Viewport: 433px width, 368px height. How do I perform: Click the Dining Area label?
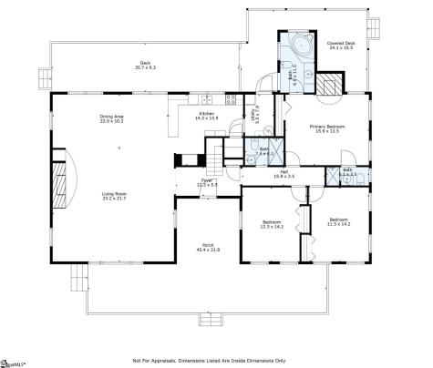(112, 119)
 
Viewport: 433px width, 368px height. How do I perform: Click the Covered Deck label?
(341, 45)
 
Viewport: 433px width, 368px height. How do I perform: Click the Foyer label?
(208, 183)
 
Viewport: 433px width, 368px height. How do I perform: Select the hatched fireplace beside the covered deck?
(329, 83)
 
